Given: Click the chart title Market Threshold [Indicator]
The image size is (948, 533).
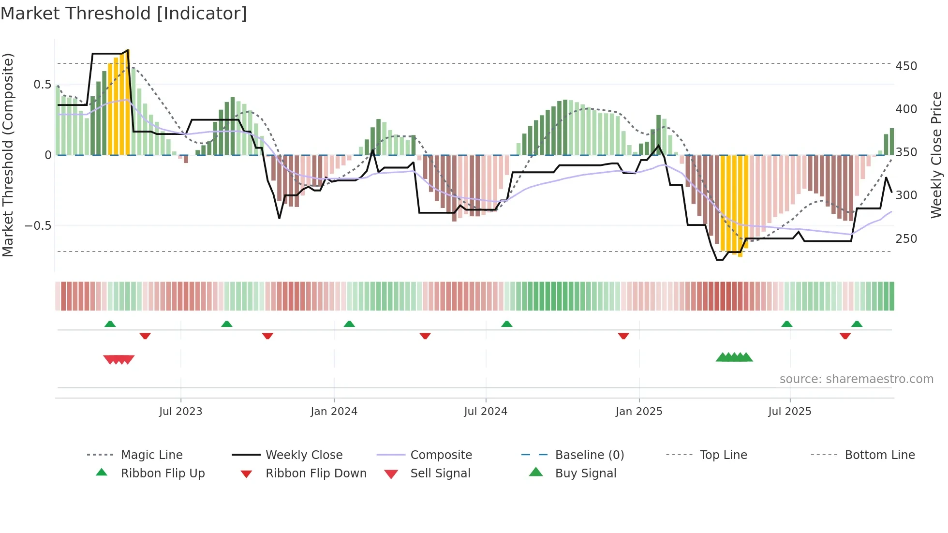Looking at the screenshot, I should [124, 14].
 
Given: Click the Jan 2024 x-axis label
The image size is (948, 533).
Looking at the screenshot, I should [334, 412].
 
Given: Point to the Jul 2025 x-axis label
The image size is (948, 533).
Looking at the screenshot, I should [789, 412].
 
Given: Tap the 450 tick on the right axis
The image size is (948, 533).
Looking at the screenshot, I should [906, 66].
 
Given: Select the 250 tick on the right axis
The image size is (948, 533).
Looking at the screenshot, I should [906, 239].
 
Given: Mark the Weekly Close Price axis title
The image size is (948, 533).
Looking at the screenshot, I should [936, 155].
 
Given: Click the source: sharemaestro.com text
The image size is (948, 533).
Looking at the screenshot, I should [856, 379].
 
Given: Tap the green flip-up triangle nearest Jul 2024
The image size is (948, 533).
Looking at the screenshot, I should [506, 324].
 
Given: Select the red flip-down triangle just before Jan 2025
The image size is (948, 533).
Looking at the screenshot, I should [623, 336].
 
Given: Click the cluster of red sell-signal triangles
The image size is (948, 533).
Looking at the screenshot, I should [118, 359].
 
